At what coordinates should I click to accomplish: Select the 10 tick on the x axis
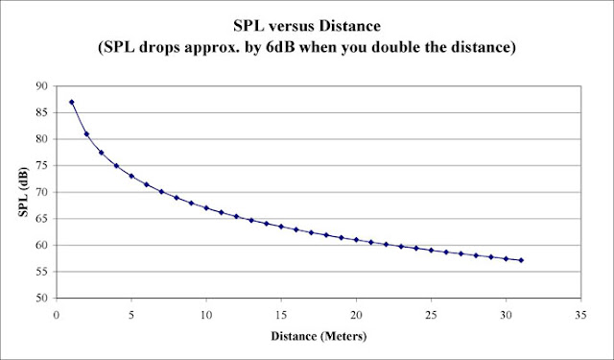pyautogui.click(x=206, y=314)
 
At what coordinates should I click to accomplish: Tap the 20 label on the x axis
pyautogui.click(x=356, y=314)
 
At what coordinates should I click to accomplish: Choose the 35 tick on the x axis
pyautogui.click(x=580, y=314)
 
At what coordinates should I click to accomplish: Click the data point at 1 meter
pyautogui.click(x=72, y=102)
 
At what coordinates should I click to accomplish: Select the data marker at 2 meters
pyautogui.click(x=86, y=133)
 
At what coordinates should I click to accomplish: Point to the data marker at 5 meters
pyautogui.click(x=131, y=176)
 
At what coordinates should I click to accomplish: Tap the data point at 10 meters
pyautogui.click(x=206, y=207)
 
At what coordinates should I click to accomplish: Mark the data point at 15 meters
pyautogui.click(x=281, y=227)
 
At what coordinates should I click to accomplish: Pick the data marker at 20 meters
pyautogui.click(x=356, y=240)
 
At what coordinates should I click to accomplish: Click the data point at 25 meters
pyautogui.click(x=431, y=250)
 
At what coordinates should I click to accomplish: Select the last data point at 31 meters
pyautogui.click(x=521, y=260)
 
